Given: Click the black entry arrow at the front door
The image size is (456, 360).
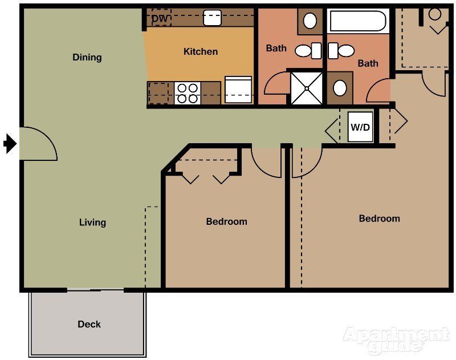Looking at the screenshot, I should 10,144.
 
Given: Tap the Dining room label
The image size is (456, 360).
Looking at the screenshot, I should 87,57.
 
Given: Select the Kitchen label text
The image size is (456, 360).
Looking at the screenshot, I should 201,51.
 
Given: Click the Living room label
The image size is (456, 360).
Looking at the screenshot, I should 92,223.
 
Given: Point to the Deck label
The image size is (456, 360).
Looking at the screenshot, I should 89,324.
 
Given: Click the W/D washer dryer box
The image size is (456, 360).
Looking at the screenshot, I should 360,127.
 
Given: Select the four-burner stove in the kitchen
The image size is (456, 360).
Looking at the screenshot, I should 187,93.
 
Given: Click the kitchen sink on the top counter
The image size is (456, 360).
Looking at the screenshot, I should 212,18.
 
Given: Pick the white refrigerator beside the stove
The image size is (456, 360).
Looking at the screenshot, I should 238,90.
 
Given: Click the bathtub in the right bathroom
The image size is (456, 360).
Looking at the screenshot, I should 358,21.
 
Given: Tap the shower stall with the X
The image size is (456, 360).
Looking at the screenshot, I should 307,88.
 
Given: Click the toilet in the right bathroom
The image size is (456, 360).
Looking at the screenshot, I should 342,51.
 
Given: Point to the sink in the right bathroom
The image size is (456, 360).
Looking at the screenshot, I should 340,88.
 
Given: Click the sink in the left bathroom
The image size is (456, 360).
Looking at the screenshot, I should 310,21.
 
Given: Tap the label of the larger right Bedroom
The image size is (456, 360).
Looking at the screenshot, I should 379,219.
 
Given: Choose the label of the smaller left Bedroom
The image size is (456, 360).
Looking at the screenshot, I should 226,221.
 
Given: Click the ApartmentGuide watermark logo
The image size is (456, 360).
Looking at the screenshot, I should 396,339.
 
